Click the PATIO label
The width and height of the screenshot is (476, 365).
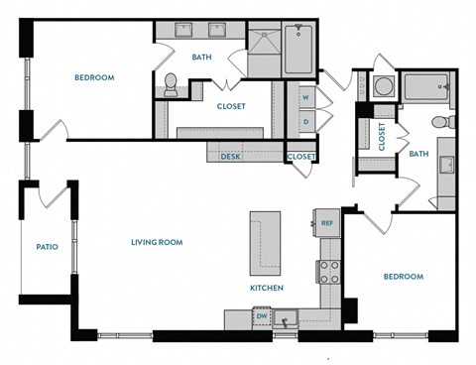47,247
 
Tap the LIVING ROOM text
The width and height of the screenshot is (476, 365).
158,241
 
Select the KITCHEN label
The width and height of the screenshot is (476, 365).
267,288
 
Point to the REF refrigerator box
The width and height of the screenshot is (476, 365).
326,223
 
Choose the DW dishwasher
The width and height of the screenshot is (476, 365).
262,316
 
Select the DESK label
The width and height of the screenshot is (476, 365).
231,156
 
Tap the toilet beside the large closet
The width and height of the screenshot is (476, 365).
171,86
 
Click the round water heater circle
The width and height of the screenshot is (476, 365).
382,86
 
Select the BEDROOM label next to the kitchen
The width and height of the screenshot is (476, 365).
404,277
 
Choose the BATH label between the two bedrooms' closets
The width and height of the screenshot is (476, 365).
418,154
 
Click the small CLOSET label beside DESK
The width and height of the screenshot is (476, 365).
301,156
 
